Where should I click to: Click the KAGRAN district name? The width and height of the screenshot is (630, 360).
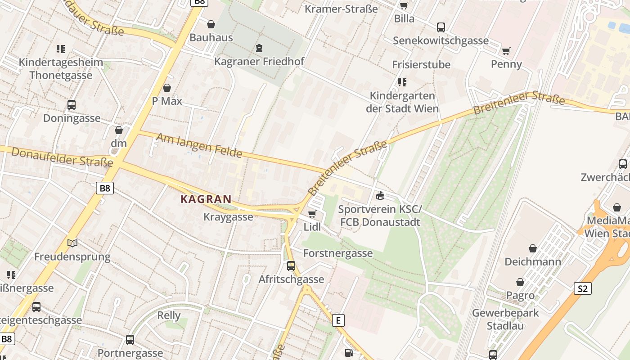click(x=206, y=199)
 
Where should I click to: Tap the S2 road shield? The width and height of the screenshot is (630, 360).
click(x=582, y=288)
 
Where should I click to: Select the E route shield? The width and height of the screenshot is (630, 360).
click(x=338, y=320)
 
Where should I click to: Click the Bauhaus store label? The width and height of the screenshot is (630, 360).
click(x=211, y=37)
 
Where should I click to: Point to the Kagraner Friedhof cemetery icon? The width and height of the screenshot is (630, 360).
click(x=259, y=48)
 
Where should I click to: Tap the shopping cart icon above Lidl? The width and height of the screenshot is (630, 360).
click(x=312, y=214)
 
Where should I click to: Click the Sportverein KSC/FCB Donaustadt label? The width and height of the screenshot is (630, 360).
click(x=380, y=216)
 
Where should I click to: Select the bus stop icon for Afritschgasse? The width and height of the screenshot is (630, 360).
click(x=291, y=266)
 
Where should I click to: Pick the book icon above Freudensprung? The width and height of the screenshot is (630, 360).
click(x=72, y=243)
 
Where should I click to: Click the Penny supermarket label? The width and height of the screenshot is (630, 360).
click(x=506, y=64)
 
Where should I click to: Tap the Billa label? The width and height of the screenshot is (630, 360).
click(x=404, y=18)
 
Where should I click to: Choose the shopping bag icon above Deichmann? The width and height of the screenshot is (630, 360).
click(x=533, y=248)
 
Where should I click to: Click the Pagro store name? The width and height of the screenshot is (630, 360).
click(x=520, y=296)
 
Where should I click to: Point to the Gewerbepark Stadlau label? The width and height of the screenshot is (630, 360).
click(x=505, y=319)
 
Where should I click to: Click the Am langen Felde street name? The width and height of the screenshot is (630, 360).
click(x=199, y=145)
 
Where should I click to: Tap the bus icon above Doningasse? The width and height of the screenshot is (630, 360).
click(x=72, y=105)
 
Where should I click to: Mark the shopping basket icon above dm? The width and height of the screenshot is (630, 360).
click(x=119, y=130)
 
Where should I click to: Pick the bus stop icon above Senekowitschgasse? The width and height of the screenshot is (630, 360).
click(x=441, y=27)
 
